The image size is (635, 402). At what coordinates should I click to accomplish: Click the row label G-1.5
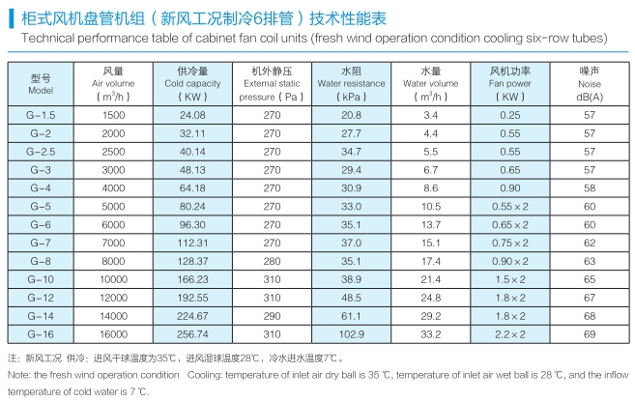pyautogui.click(x=41, y=115)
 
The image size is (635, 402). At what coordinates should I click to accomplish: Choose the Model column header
pyautogui.click(x=41, y=83)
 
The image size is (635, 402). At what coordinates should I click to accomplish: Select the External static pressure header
pyautogui.click(x=272, y=84)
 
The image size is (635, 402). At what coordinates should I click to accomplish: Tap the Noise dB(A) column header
pyautogui.click(x=590, y=84)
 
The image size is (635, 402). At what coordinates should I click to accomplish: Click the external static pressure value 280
pyautogui.click(x=272, y=260)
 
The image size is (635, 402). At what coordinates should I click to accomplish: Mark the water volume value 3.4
pyautogui.click(x=430, y=115)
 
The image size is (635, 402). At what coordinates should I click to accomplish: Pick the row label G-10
pyautogui.click(x=41, y=278)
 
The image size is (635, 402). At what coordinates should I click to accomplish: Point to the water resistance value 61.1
pyautogui.click(x=351, y=314)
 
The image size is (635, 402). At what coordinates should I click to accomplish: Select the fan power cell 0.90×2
pyautogui.click(x=509, y=260)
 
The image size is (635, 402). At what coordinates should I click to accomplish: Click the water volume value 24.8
pyautogui.click(x=430, y=296)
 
